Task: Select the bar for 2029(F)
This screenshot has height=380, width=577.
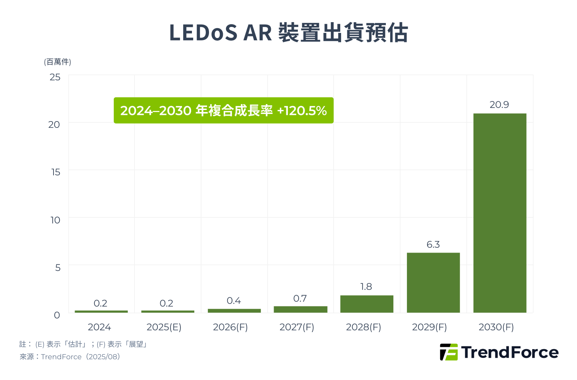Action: [x=433, y=283]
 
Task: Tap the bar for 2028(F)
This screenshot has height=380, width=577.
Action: [x=367, y=304]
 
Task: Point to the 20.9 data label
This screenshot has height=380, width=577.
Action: [x=499, y=105]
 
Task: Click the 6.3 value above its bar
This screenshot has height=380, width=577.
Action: [x=433, y=245]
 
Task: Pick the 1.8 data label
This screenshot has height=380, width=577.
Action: [x=366, y=287]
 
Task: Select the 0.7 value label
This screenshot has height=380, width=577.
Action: [x=300, y=298]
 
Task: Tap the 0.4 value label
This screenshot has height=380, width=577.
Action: [x=234, y=301]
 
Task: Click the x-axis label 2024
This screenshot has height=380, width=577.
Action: [x=99, y=327]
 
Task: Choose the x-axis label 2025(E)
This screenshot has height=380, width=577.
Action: [x=164, y=327]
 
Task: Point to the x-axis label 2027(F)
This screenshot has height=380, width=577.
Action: [x=297, y=327]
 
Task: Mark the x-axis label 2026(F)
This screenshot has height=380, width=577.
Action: [x=230, y=327]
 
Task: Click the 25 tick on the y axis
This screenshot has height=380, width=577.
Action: [x=55, y=77]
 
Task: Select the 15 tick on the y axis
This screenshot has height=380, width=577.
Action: [x=56, y=172]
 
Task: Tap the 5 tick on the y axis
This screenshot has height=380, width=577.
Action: [x=58, y=268]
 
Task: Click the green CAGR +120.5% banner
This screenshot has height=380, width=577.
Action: [x=223, y=110]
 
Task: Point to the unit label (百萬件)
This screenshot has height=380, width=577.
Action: [x=58, y=62]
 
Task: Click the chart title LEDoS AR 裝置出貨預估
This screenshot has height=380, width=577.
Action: [x=288, y=32]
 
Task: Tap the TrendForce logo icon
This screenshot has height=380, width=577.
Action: [x=449, y=352]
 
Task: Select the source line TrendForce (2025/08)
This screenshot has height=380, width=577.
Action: [x=70, y=357]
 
